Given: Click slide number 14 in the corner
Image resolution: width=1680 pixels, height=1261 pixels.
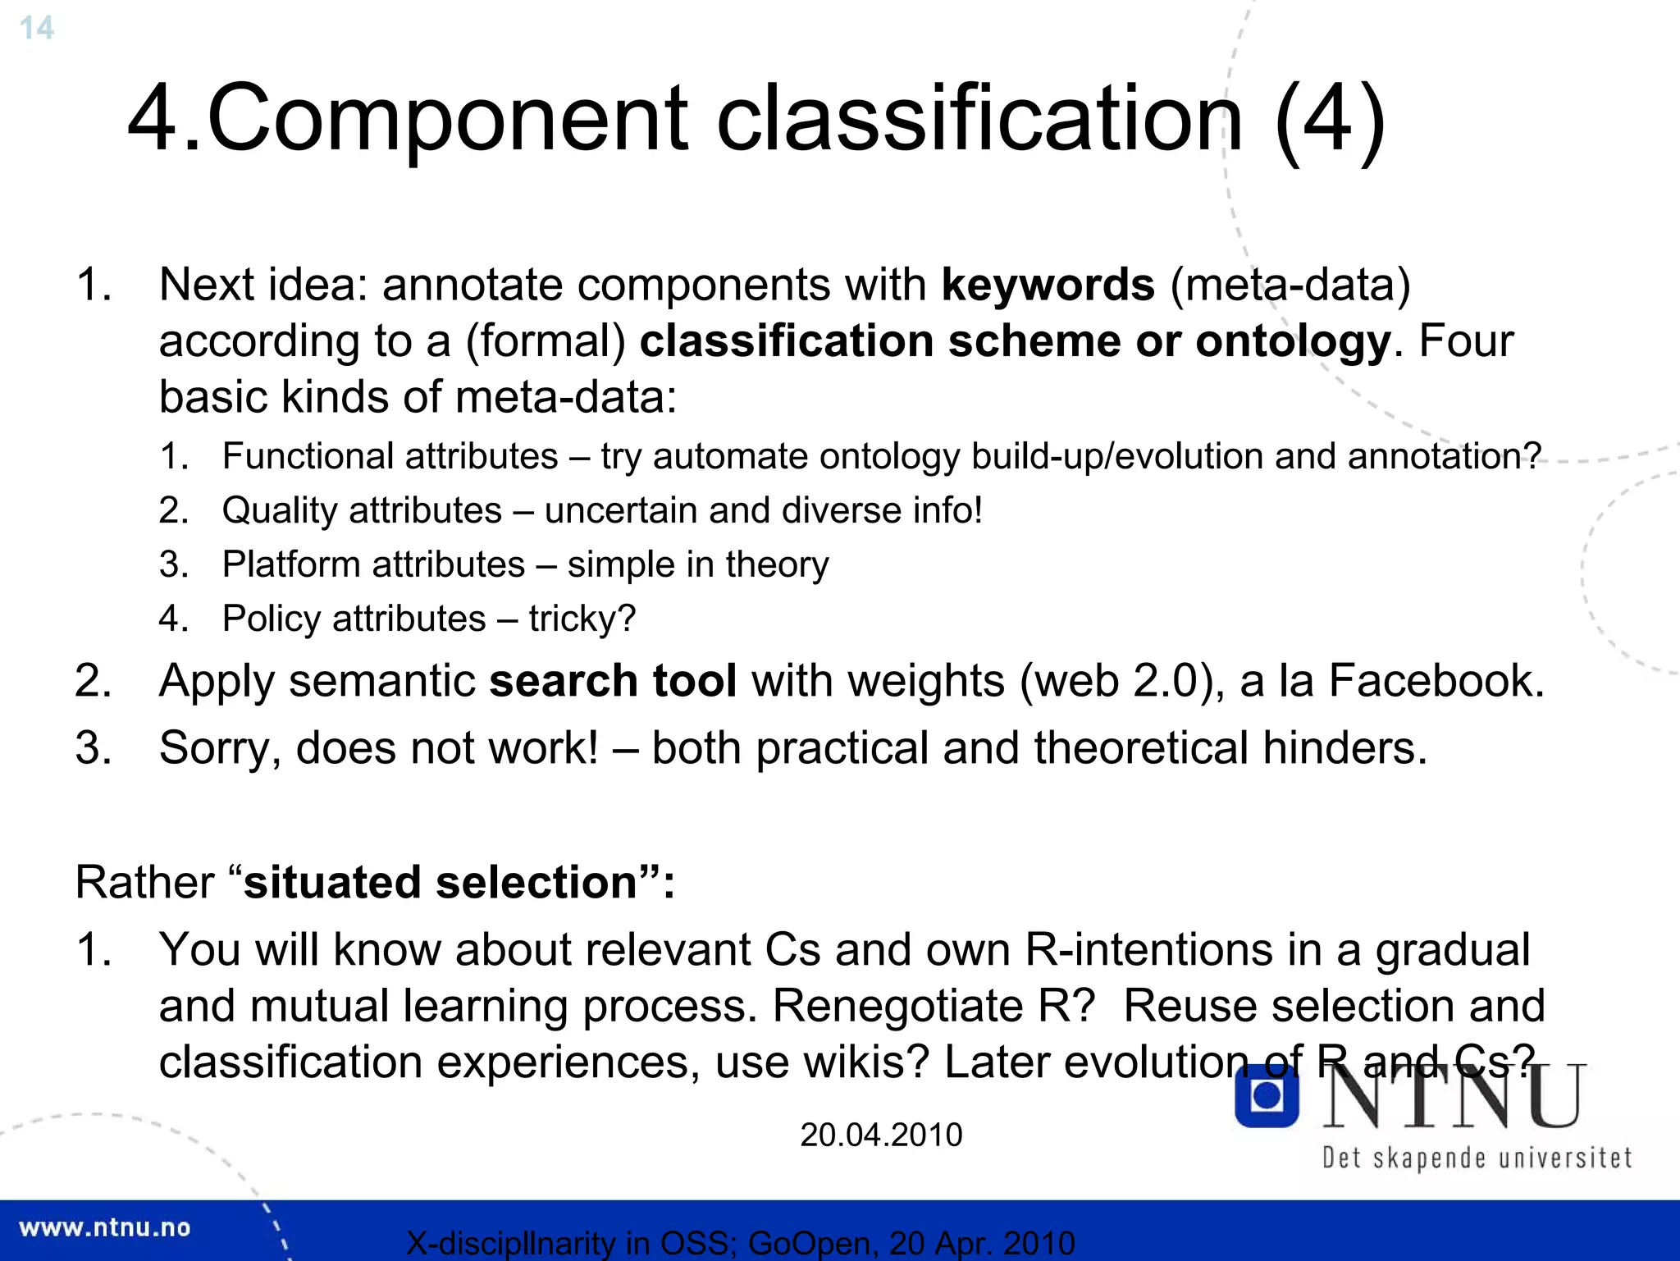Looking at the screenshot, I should pyautogui.click(x=36, y=28).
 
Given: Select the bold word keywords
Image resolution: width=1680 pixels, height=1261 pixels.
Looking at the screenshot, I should pyautogui.click(x=1048, y=286).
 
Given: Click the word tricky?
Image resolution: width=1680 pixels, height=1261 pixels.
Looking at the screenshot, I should pyautogui.click(x=582, y=619).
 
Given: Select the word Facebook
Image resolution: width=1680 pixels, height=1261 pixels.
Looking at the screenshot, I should pyautogui.click(x=1435, y=681).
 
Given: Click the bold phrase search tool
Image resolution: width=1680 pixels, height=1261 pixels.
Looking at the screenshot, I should pyautogui.click(x=613, y=681).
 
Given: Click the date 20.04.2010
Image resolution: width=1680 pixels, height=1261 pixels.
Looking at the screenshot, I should pyautogui.click(x=881, y=1135).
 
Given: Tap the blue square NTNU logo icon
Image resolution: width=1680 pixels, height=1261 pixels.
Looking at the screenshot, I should pyautogui.click(x=1267, y=1096).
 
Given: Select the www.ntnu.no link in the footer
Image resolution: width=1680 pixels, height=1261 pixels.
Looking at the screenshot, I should pyautogui.click(x=104, y=1227).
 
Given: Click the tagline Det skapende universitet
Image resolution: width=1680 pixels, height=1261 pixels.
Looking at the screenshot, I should pyautogui.click(x=1477, y=1158).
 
